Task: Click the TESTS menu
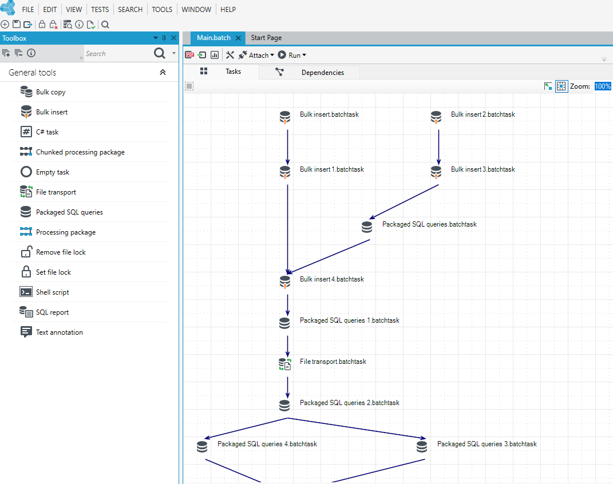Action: pos(100,9)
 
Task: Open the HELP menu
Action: pos(228,9)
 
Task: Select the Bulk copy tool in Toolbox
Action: pos(50,92)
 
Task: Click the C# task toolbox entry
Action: pos(47,132)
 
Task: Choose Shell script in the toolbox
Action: pos(53,292)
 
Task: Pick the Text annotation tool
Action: pos(60,332)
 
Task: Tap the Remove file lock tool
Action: pos(61,252)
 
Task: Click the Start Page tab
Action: pos(266,38)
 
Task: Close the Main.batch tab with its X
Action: pos(238,38)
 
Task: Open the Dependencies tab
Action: pos(323,72)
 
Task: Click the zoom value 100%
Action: pos(603,86)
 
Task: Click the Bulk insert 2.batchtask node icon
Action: pos(436,117)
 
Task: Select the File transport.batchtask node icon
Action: pos(284,364)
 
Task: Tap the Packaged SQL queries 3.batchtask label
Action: pos(487,444)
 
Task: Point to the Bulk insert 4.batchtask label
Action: pos(331,279)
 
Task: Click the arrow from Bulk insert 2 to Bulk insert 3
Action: pos(438,147)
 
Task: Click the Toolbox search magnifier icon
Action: pos(160,53)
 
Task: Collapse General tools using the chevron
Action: pos(163,72)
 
